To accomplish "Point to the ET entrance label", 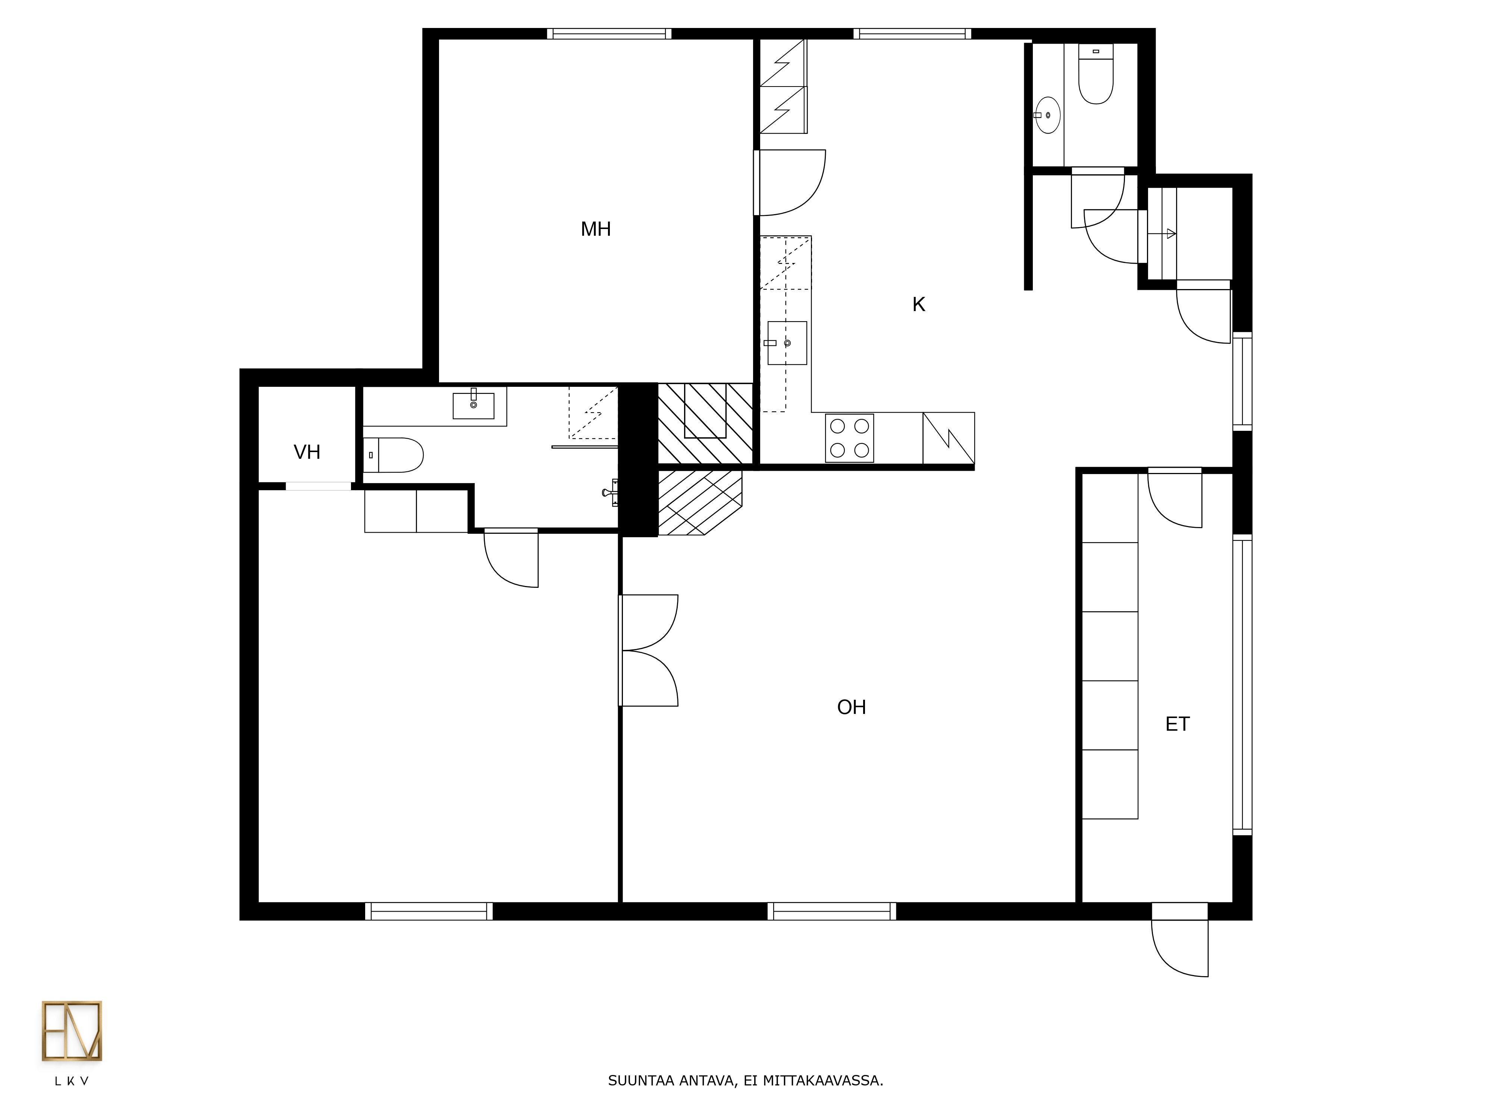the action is pos(1177,724).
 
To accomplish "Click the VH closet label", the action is pos(307,452).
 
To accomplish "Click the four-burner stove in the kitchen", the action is pos(849,438).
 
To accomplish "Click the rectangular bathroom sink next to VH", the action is pos(473,405).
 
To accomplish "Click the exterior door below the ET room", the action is pos(1180,940).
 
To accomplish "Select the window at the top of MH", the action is pos(609,34).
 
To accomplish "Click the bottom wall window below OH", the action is pos(832,911).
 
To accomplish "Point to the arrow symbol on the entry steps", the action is pos(1167,233).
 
